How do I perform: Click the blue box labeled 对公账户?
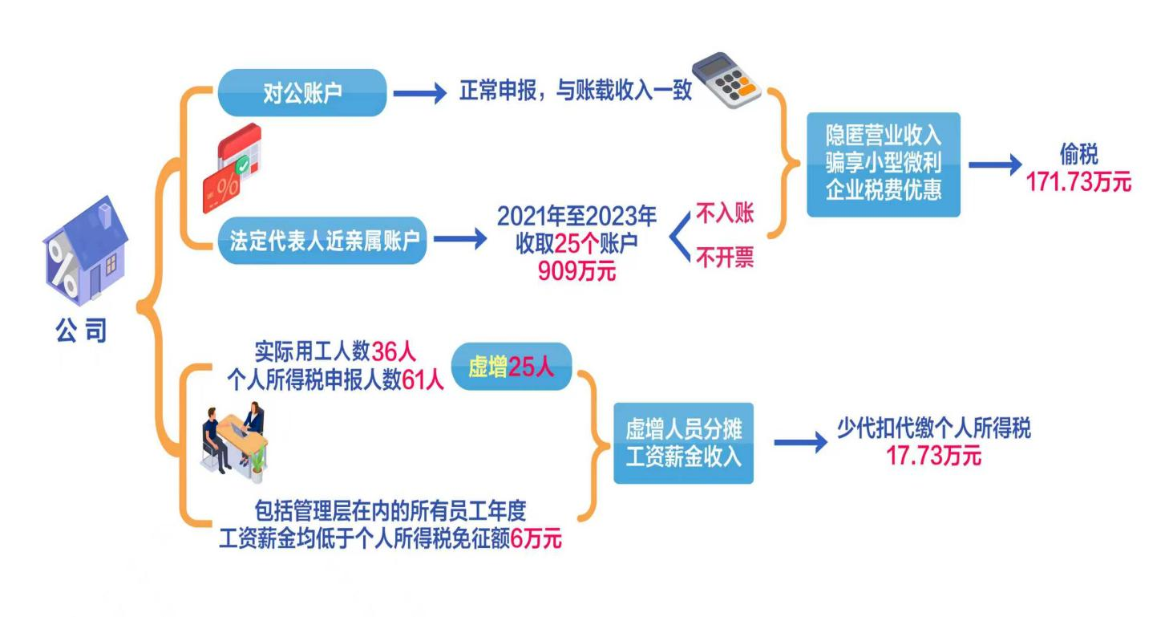click(x=302, y=92)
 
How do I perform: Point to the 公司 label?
click(x=80, y=331)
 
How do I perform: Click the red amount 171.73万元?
click(x=1078, y=182)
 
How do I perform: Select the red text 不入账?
click(x=725, y=213)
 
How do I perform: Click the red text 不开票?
click(x=725, y=259)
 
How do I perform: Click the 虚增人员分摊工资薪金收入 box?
click(x=683, y=443)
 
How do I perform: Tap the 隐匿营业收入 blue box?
click(x=883, y=164)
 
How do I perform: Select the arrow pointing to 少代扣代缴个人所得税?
click(x=800, y=442)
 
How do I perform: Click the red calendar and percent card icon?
click(x=233, y=168)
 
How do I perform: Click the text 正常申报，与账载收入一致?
click(x=575, y=91)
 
